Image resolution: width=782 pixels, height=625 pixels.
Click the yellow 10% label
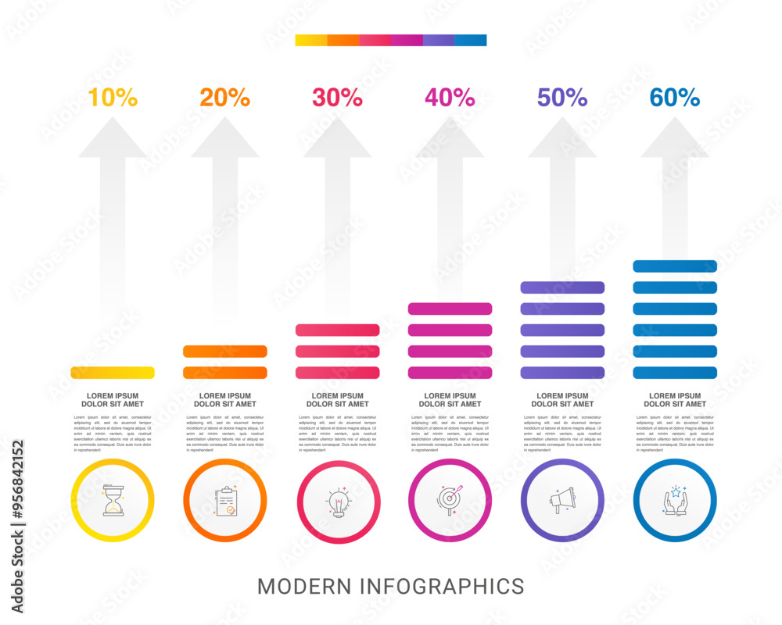point(113,98)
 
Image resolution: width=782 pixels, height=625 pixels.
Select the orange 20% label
point(225,98)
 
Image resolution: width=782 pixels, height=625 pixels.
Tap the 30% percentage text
point(338,98)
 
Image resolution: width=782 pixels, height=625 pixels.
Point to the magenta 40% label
point(450,98)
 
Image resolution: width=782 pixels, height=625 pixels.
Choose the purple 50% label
point(562,98)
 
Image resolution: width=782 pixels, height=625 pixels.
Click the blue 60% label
point(675,98)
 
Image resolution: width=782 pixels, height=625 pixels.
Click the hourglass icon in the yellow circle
point(113,501)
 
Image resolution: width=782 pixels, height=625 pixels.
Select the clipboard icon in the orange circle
point(225,501)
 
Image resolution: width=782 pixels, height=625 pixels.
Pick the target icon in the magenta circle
point(450,501)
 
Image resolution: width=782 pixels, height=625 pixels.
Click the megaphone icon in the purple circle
point(562,501)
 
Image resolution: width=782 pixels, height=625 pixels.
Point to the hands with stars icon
point(675,501)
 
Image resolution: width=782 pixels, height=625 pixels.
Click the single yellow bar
point(113,373)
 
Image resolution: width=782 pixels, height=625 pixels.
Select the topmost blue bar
point(675,266)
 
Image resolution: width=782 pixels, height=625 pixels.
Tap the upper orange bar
point(225,352)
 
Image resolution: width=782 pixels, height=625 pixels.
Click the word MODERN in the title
point(304,586)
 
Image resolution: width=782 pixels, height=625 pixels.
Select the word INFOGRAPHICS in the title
point(442,586)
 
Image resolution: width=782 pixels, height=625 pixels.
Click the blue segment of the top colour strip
point(471,41)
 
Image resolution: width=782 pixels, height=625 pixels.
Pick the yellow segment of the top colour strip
point(310,41)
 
